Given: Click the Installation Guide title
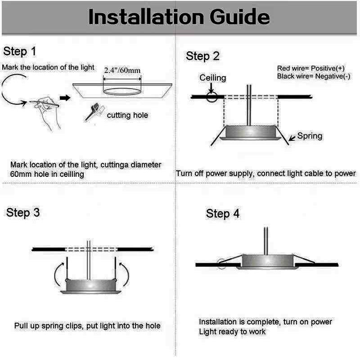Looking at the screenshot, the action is tap(179, 17).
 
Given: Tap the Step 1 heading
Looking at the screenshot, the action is tap(20, 51).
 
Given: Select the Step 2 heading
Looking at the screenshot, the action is tap(202, 56).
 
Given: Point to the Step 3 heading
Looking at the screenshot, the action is tap(23, 212).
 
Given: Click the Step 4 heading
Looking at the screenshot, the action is tap(223, 213).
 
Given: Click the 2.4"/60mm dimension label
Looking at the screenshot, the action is tap(122, 70).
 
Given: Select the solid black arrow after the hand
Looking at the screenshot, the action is tap(65, 98).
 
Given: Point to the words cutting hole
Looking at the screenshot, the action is tap(127, 115).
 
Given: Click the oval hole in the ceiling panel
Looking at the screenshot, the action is tap(122, 91).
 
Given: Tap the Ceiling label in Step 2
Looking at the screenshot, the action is tap(212, 78).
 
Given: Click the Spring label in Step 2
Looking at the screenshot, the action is tap(310, 136).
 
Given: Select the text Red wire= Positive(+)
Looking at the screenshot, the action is tap(311, 68).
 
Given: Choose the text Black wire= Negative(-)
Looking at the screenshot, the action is tap(314, 76).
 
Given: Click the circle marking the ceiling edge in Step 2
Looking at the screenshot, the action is tap(211, 97).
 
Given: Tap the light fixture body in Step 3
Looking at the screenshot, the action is tap(91, 286).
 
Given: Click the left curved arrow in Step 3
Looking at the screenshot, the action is tap(59, 274).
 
